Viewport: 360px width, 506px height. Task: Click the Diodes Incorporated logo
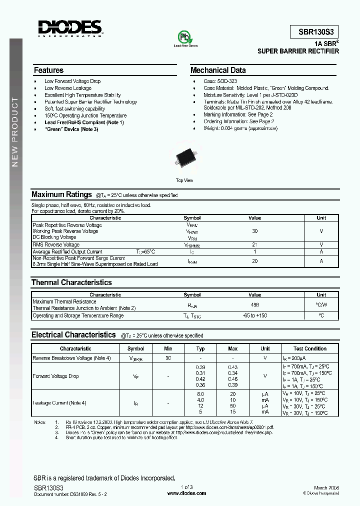click(x=70, y=28)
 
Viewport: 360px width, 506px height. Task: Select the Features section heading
click(x=48, y=70)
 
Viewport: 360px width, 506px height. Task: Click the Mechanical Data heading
click(x=218, y=70)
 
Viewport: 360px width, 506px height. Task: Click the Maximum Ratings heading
click(x=61, y=194)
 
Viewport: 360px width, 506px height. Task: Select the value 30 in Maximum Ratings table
click(x=255, y=231)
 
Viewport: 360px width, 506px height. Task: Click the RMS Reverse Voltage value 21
click(x=255, y=244)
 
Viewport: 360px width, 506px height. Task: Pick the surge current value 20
click(x=255, y=261)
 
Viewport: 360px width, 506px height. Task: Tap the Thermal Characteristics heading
click(x=71, y=282)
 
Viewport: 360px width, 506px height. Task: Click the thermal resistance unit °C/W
click(x=321, y=304)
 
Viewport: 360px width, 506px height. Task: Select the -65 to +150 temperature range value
click(x=255, y=315)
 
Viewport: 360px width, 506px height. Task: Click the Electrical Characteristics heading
click(x=73, y=335)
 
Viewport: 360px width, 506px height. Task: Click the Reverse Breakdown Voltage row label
click(x=71, y=358)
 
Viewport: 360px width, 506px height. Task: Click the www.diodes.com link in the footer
click(x=186, y=493)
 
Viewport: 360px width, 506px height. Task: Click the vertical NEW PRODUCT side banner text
click(x=15, y=132)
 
